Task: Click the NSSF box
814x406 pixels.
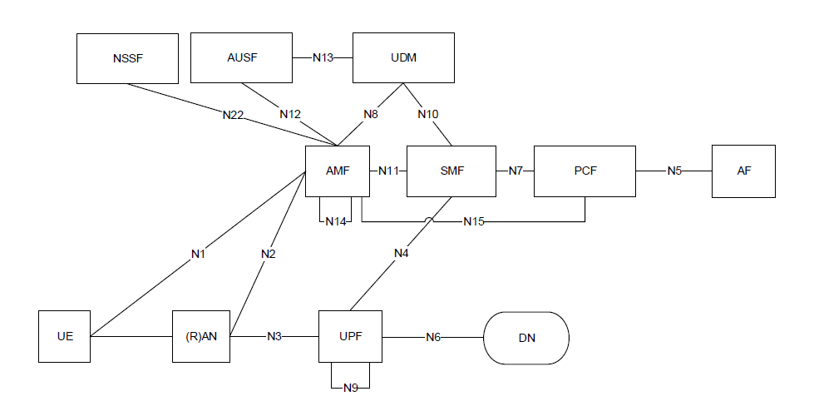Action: point(127,58)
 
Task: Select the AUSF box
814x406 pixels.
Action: point(241,58)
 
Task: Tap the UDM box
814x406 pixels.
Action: point(403,58)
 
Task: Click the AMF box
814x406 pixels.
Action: point(337,171)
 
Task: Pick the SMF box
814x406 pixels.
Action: point(451,171)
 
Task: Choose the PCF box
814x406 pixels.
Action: point(585,171)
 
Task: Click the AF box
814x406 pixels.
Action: point(743,171)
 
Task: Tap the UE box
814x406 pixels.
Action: point(65,337)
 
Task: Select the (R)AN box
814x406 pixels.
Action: point(200,337)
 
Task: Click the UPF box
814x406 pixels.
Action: point(350,337)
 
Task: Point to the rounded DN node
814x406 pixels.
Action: point(527,337)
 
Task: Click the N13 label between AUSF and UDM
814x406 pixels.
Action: point(323,58)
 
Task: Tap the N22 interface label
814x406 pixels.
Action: point(234,116)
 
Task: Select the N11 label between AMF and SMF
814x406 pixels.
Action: point(388,171)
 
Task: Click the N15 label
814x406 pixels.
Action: point(474,222)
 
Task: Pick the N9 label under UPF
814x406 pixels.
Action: point(350,388)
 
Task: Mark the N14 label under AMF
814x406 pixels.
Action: point(336,222)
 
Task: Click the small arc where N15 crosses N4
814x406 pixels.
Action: point(428,220)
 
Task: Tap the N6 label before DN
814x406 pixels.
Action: point(433,337)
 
